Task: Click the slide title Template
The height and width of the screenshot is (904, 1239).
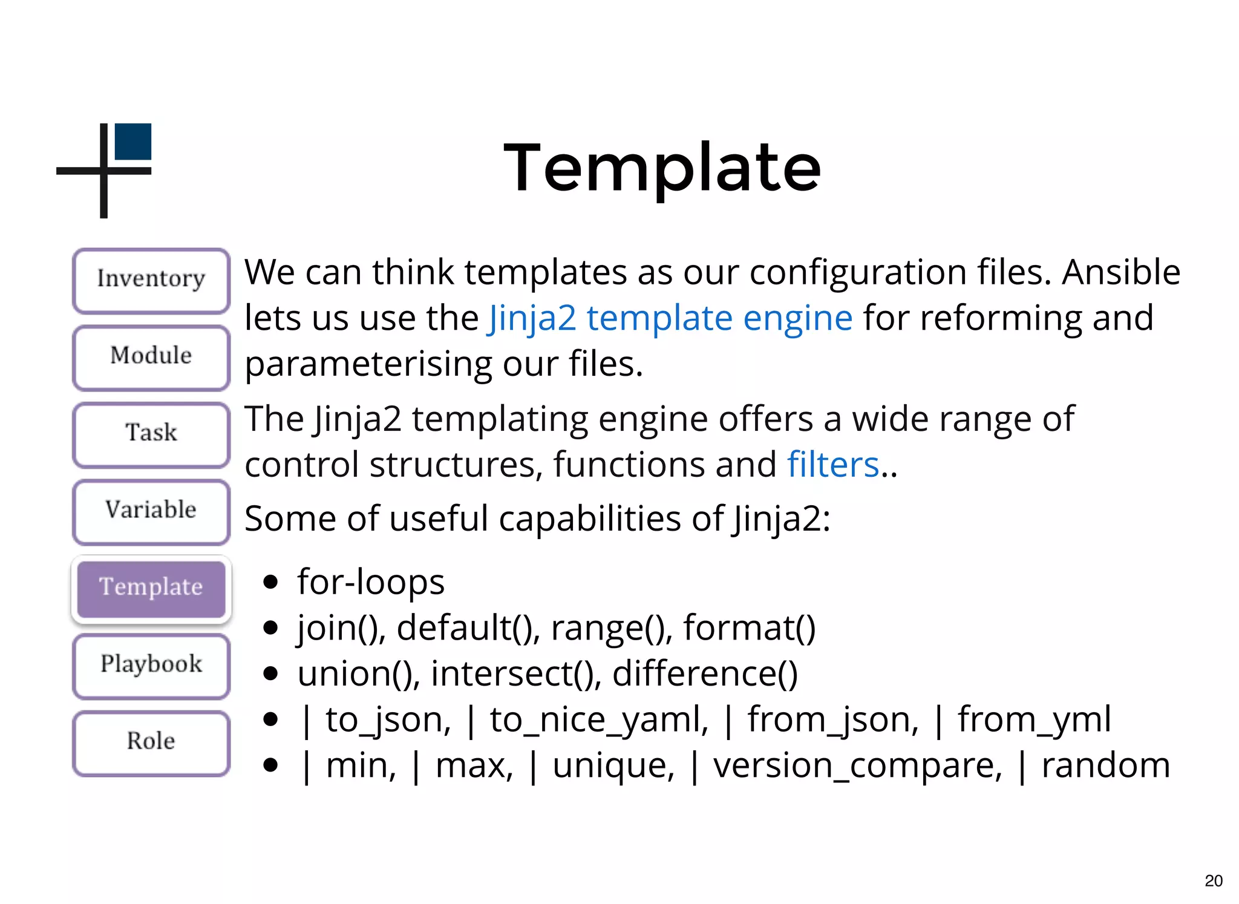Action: pyautogui.click(x=662, y=168)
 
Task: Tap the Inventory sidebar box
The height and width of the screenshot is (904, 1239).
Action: pyautogui.click(x=151, y=280)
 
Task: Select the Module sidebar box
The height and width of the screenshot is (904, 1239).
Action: pyautogui.click(x=151, y=356)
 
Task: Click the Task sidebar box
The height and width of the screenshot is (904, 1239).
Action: pyautogui.click(x=151, y=433)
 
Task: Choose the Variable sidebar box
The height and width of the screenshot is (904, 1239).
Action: pyautogui.click(x=151, y=510)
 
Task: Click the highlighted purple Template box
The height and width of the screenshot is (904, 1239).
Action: pyautogui.click(x=151, y=588)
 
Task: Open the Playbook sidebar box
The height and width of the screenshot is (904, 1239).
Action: pyautogui.click(x=151, y=664)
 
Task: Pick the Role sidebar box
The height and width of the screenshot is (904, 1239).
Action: pyautogui.click(x=151, y=741)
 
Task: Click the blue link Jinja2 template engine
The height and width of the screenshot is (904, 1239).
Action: pyautogui.click(x=670, y=319)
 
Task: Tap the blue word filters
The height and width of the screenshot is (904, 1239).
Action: pyautogui.click(x=832, y=465)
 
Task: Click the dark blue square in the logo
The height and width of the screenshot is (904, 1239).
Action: pyautogui.click(x=133, y=142)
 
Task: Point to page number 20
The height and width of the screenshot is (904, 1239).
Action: pyautogui.click(x=1213, y=880)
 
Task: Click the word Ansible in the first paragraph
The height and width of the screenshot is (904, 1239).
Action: pyautogui.click(x=1121, y=272)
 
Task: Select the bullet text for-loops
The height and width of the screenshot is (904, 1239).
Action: pyautogui.click(x=371, y=582)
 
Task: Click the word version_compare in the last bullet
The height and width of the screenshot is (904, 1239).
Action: pyautogui.click(x=857, y=766)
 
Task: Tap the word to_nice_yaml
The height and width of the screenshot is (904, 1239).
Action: pyautogui.click(x=598, y=720)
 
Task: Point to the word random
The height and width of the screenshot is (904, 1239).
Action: pyautogui.click(x=1105, y=766)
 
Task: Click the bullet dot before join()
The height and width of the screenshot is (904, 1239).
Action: pyautogui.click(x=270, y=628)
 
